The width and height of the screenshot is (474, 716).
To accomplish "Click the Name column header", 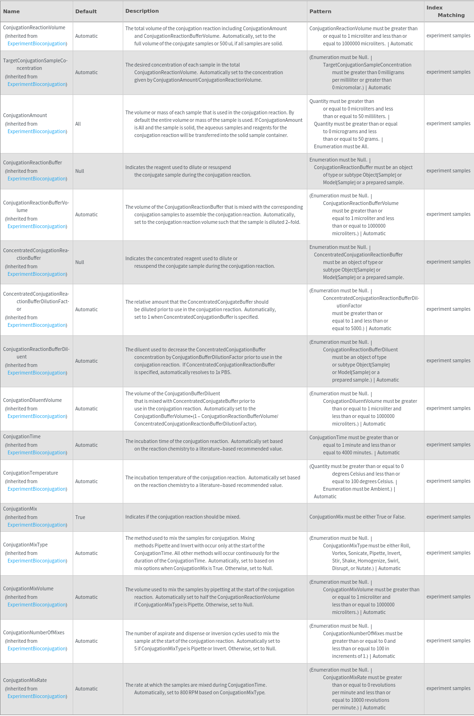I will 11,11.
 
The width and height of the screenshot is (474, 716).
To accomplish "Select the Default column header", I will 86,11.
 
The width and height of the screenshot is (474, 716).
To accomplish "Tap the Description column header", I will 142,11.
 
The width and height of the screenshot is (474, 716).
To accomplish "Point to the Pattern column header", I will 320,11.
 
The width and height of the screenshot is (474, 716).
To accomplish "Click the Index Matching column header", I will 445,11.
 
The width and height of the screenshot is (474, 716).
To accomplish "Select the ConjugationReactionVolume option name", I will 34,27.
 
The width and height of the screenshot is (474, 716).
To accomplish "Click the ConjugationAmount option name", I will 25,115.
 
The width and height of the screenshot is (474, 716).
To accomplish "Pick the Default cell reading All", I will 78,124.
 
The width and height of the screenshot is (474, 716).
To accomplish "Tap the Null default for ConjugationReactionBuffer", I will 79,171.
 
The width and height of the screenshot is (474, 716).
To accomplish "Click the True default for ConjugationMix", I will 80,517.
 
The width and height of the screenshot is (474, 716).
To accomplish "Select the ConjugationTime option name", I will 22,436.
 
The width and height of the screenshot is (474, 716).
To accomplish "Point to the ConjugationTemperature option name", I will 30,473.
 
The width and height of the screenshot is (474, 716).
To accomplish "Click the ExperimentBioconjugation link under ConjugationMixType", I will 37,561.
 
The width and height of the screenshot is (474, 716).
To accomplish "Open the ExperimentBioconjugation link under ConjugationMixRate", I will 37,696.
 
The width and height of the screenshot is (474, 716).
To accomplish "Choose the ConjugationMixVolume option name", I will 28,588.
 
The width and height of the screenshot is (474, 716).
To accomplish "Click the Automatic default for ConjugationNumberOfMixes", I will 86,641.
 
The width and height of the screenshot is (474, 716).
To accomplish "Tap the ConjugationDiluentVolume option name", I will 32,400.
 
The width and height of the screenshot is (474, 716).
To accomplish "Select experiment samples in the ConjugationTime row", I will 448,444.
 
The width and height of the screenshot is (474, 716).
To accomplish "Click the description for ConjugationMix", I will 183,517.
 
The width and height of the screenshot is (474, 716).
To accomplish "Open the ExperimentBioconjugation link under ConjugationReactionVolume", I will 37,43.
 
